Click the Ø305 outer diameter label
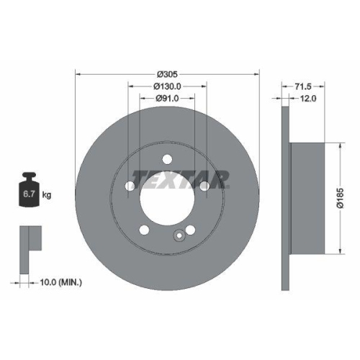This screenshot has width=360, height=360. coord(167,73)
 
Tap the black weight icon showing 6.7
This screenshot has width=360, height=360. coord(29,191)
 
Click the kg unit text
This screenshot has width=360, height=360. coord(47,195)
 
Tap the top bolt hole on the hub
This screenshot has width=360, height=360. coord(167,160)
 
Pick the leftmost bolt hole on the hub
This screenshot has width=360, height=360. coord(130,187)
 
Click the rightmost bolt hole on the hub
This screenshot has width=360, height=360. coord(204,187)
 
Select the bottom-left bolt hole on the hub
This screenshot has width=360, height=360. coord(144,230)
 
